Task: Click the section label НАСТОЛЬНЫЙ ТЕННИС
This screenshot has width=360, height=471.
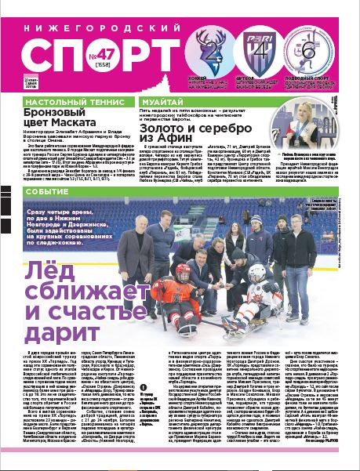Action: (61, 103)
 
